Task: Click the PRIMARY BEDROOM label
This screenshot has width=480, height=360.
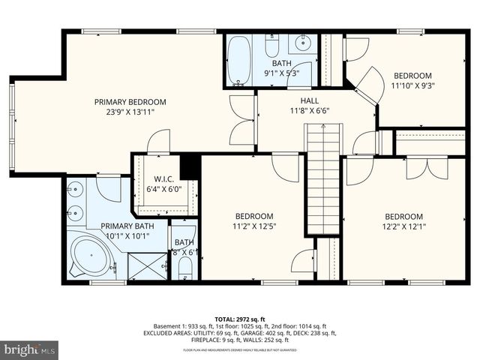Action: click(x=130, y=101)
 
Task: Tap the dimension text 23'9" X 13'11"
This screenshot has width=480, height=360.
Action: click(x=130, y=112)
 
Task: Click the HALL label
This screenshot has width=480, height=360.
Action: click(x=310, y=99)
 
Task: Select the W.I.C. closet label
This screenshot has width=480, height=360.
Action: click(x=164, y=178)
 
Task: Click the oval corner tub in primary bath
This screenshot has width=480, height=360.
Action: click(x=89, y=256)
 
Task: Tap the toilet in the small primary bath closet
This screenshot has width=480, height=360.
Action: click(x=184, y=268)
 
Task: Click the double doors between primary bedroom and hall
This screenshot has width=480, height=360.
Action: click(x=242, y=120)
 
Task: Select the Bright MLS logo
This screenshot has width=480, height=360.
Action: click(x=31, y=349)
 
